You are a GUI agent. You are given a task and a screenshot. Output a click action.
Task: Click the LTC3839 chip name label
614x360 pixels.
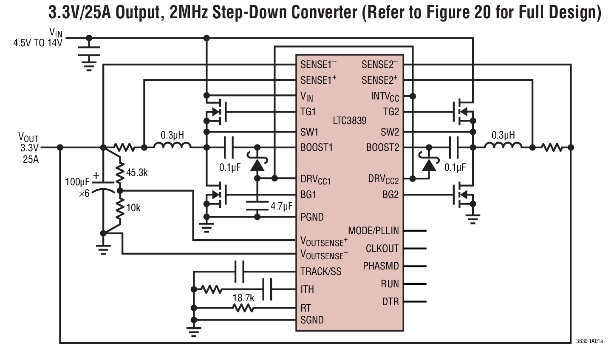pyautogui.click(x=350, y=121)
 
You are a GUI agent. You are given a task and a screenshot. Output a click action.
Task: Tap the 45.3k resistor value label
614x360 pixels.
pyautogui.click(x=137, y=173)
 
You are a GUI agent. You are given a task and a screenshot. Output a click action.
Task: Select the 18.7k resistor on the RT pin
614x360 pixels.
pyautogui.click(x=243, y=308)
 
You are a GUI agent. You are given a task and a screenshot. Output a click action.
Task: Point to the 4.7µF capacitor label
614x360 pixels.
pyautogui.click(x=281, y=207)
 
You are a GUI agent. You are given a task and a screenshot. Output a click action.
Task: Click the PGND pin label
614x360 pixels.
pyautogui.click(x=312, y=217)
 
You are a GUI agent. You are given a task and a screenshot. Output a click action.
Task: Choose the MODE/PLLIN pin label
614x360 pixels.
pyautogui.click(x=373, y=231)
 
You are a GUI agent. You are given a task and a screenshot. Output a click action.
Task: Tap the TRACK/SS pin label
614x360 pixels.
pyautogui.click(x=321, y=272)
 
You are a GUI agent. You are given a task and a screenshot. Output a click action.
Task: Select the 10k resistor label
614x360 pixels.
pyautogui.click(x=133, y=208)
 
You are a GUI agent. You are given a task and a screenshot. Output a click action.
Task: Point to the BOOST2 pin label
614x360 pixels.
pyautogui.click(x=382, y=147)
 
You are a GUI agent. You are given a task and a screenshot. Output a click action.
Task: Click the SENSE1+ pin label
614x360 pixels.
pyautogui.click(x=318, y=80)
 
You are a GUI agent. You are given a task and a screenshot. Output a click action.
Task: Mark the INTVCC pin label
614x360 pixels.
pyautogui.click(x=385, y=96)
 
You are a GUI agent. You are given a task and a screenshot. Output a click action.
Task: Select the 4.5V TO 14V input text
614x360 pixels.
pyautogui.click(x=38, y=43)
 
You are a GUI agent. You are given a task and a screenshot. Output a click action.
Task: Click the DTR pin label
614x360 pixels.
pyautogui.click(x=390, y=302)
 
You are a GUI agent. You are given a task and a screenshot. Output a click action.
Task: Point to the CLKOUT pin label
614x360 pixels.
pyautogui.click(x=382, y=249)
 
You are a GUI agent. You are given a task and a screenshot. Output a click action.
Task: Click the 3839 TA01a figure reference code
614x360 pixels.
pyautogui.click(x=589, y=341)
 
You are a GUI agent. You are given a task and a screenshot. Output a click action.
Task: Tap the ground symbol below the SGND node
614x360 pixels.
pyautogui.click(x=194, y=332)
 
